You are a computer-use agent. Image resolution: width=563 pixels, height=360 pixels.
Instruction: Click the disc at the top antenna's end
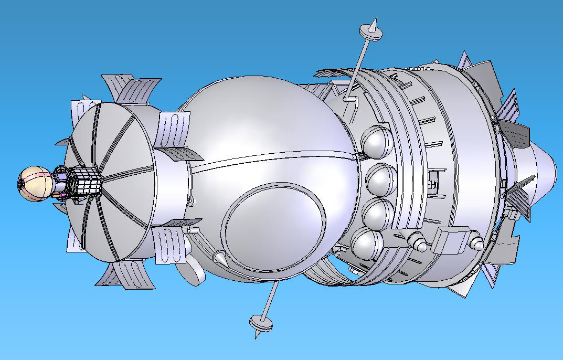[x=370, y=32]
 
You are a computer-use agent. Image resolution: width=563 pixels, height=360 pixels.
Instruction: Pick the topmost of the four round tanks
[x=378, y=142]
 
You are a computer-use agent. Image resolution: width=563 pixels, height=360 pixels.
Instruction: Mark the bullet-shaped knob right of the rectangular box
[x=476, y=243]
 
